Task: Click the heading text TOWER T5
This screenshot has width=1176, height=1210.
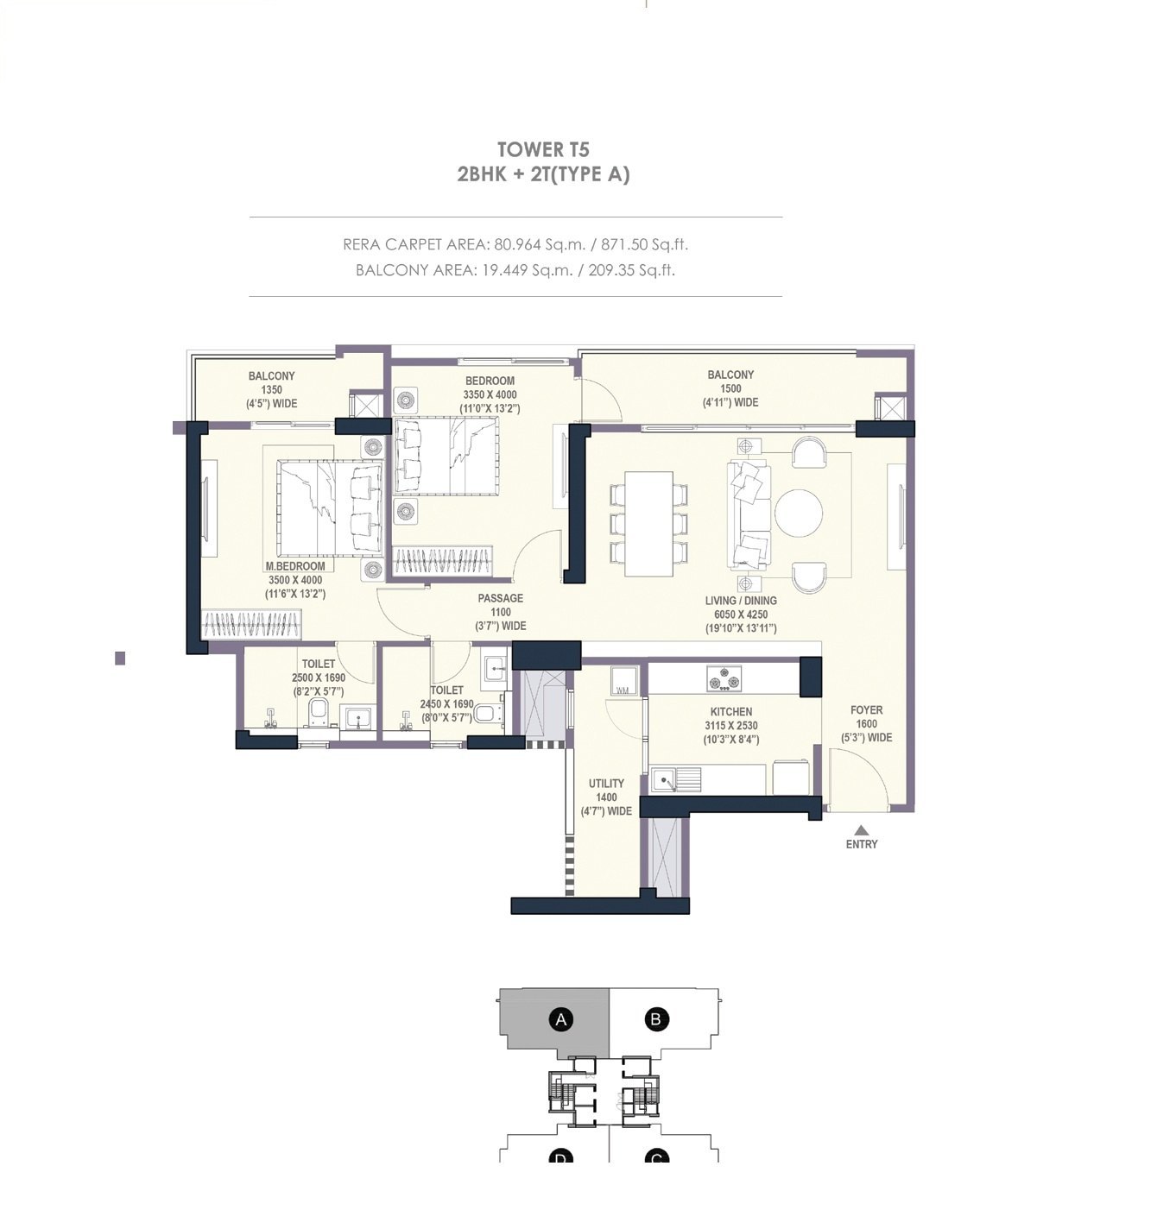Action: click(x=543, y=149)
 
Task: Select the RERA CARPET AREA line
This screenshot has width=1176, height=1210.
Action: click(x=515, y=244)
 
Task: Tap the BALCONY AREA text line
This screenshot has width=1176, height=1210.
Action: click(x=515, y=270)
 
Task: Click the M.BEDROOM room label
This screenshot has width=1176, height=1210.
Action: click(x=295, y=566)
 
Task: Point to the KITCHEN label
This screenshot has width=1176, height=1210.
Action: click(x=731, y=712)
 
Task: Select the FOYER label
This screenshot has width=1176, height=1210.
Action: click(x=866, y=710)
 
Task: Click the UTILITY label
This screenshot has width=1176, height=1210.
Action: click(x=606, y=784)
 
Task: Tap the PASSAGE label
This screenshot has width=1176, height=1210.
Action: click(x=501, y=598)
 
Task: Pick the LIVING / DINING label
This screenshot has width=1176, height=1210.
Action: click(x=741, y=601)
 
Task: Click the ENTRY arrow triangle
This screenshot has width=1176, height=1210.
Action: click(x=861, y=829)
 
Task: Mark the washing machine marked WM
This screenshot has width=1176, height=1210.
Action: click(x=623, y=681)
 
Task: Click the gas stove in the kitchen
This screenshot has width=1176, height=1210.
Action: click(x=724, y=678)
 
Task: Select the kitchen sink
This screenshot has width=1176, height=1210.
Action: click(x=675, y=780)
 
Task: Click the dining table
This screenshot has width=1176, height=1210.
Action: click(x=648, y=523)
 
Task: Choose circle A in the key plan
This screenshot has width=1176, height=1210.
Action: click(x=561, y=1019)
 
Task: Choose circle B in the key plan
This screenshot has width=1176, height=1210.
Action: click(x=656, y=1019)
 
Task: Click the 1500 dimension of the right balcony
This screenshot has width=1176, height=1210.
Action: click(x=730, y=388)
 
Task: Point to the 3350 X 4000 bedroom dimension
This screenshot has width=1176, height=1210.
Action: click(x=490, y=394)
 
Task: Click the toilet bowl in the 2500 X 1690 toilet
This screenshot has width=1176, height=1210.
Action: click(x=318, y=713)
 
